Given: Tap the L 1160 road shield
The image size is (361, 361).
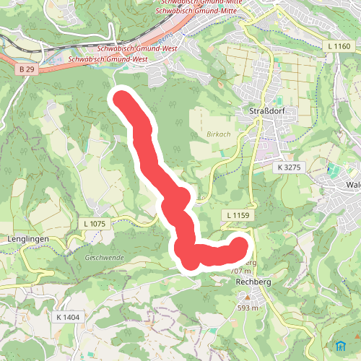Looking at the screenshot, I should pos(339,46).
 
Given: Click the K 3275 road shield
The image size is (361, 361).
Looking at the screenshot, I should pos(287,168).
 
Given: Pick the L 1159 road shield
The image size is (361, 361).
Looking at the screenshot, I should pos(237,215).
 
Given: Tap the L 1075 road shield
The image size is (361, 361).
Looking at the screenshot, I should pos(94,225).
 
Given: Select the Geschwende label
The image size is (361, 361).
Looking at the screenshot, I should pos(105,258).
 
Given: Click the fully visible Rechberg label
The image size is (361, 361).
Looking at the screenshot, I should pos(253,282).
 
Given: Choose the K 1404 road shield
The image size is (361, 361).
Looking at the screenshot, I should pos(67,317).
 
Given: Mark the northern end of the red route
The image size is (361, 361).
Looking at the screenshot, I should pos(118,97).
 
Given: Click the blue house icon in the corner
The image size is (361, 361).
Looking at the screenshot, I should pos(341,344).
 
